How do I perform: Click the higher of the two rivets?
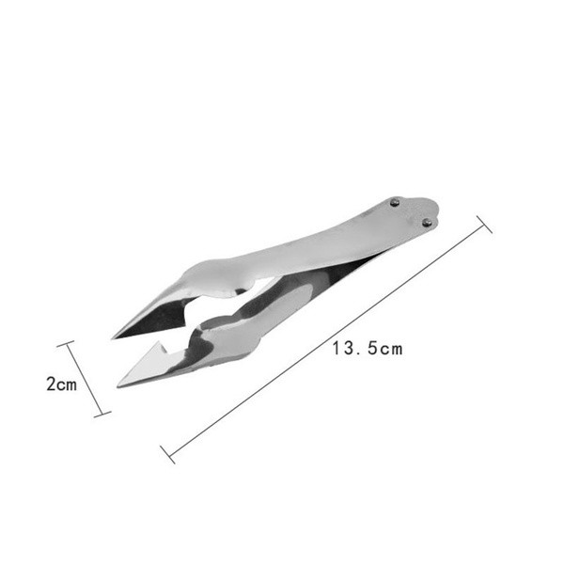click(395, 202)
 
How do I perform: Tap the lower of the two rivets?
click(427, 223)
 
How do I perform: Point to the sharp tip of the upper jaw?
click(112, 338)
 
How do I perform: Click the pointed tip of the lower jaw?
click(118, 387)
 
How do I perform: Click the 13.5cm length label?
click(368, 349)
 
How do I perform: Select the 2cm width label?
click(61, 384)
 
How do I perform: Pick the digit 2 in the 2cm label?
click(51, 384)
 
